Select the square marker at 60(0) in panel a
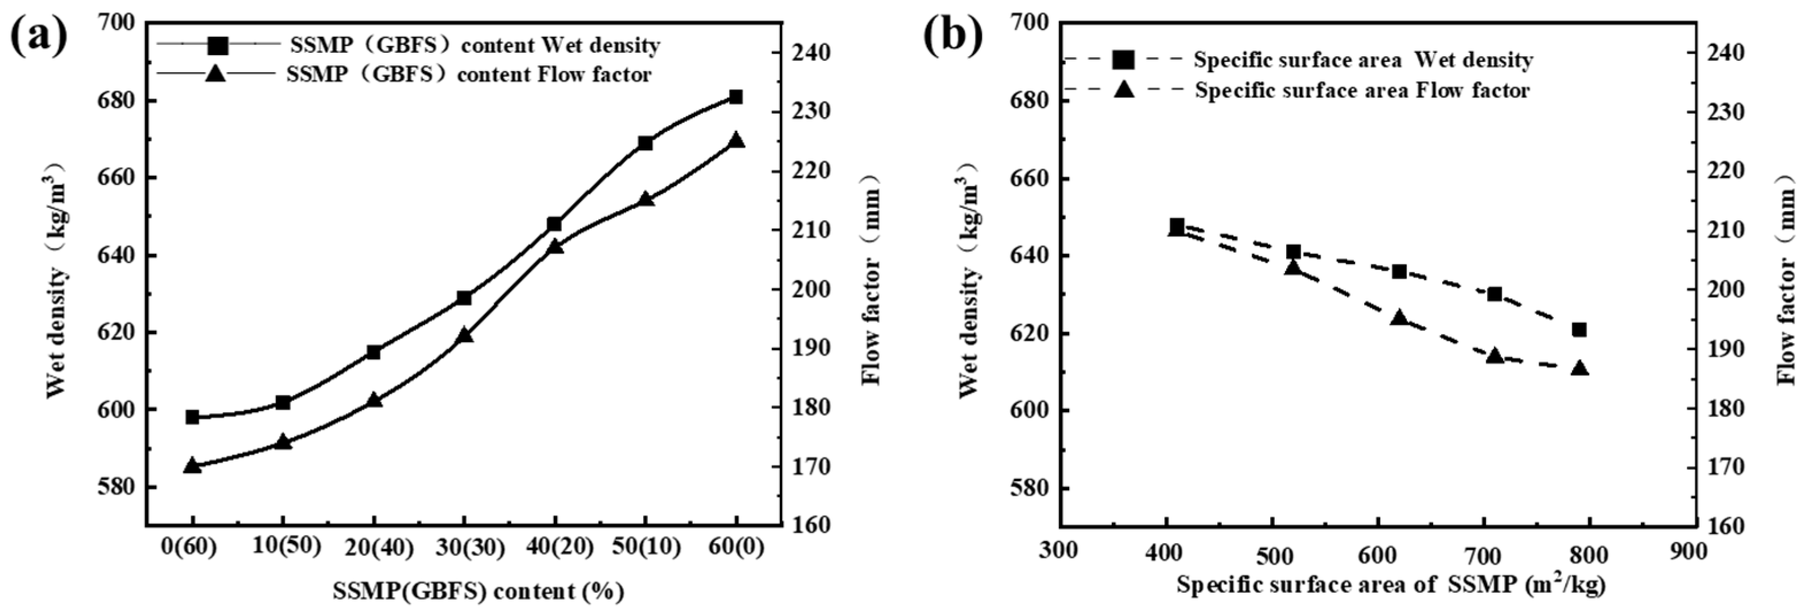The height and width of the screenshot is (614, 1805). point(735,98)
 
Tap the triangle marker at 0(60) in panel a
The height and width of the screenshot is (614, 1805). point(193,465)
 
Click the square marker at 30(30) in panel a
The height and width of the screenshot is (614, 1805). point(464,298)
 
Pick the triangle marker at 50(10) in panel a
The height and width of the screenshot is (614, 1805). point(645,199)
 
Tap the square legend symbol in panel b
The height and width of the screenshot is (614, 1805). point(1123,60)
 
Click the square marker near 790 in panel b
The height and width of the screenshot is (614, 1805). point(1579,329)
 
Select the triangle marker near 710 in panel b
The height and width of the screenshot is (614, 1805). point(1495,355)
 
